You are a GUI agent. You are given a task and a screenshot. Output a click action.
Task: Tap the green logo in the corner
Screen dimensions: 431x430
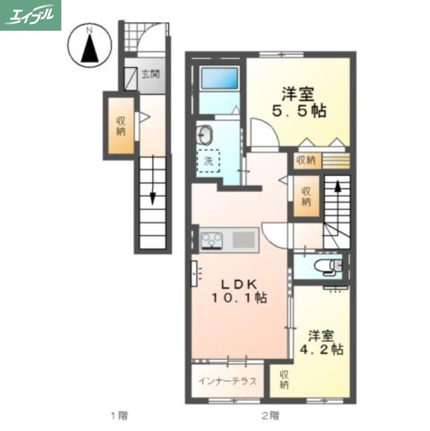31,15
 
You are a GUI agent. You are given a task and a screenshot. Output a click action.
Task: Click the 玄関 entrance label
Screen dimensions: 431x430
150,75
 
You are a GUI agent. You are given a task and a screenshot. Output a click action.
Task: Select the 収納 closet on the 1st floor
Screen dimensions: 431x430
121,125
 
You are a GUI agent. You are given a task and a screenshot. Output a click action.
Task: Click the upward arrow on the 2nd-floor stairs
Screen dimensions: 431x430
337,187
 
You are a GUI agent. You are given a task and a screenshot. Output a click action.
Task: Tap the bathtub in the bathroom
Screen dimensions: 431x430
220,80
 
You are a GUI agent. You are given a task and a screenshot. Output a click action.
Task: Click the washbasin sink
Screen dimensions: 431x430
205,133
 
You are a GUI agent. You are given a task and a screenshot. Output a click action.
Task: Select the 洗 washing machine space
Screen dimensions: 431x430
208,159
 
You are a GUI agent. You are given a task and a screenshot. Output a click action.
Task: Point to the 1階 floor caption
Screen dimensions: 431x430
119,415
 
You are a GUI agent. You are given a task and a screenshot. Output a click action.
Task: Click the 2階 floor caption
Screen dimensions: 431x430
271,415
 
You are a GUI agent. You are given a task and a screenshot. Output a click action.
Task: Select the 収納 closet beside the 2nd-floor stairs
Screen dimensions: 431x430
306,196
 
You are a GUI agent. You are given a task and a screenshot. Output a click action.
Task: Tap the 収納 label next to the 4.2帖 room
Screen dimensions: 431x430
284,380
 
